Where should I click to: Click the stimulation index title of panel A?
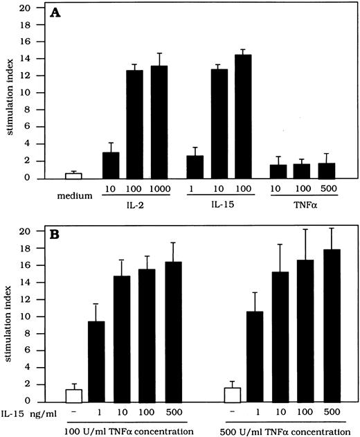(9, 93)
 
